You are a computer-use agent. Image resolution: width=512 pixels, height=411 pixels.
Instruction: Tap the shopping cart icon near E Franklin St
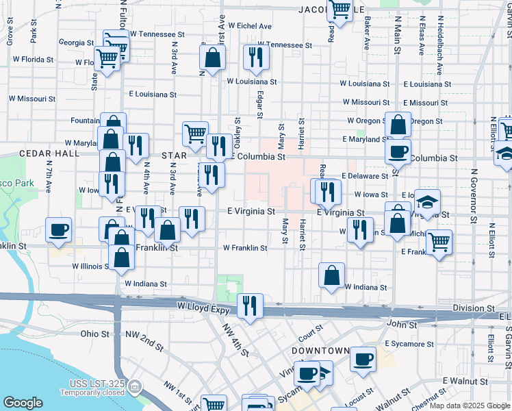click(439, 240)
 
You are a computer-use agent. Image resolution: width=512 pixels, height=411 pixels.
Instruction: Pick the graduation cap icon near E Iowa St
click(428, 201)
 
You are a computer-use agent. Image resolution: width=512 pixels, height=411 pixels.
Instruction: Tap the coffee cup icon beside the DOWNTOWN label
click(363, 358)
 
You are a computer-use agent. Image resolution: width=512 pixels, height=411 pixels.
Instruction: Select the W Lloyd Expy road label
click(205, 305)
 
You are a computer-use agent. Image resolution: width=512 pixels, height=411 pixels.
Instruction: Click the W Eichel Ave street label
click(250, 26)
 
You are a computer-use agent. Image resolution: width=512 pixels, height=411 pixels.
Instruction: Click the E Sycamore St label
click(410, 342)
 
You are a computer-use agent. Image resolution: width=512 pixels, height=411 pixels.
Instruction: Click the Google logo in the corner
click(23, 403)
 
